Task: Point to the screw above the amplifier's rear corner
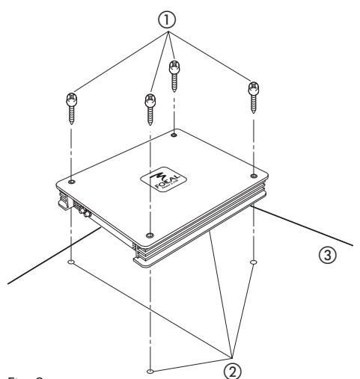(x=174, y=75)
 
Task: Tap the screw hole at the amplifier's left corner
(x=70, y=182)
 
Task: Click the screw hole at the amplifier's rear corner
(x=175, y=135)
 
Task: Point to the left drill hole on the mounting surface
(x=70, y=263)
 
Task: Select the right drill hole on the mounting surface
(x=254, y=262)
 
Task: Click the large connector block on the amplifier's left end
(x=63, y=200)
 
